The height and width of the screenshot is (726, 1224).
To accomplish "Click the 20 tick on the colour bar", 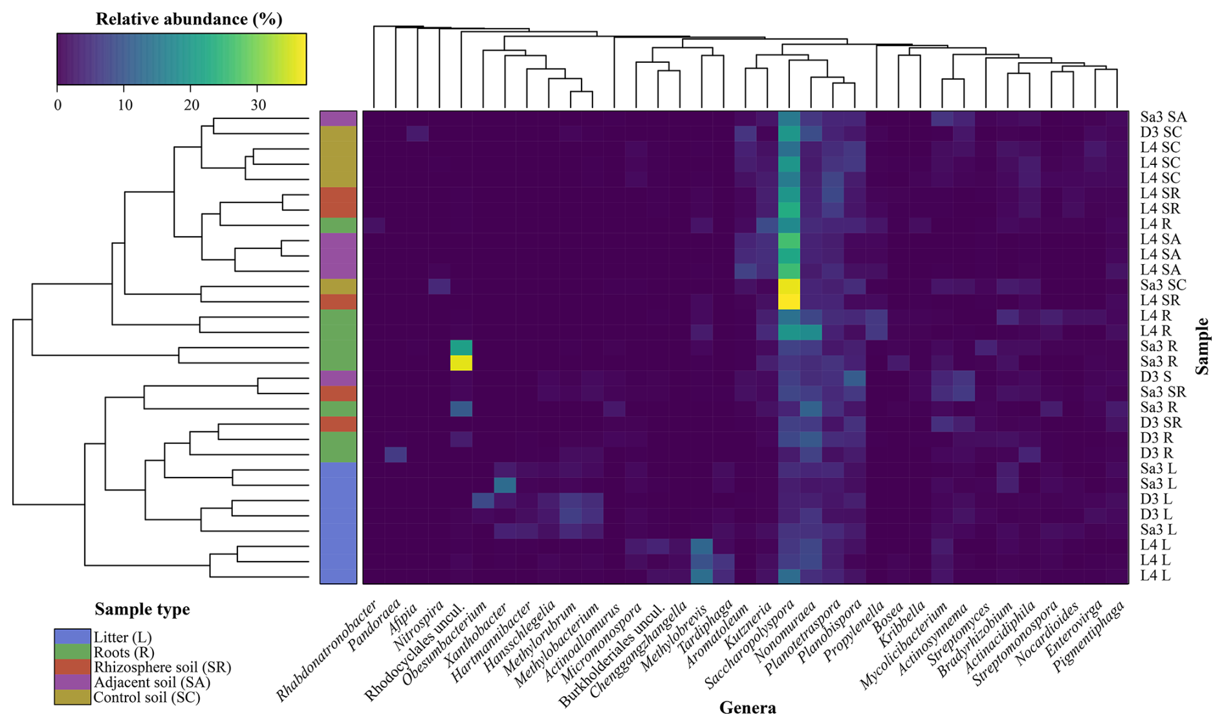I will tap(190, 105).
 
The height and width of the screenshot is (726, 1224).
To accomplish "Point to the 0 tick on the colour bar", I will tap(58, 105).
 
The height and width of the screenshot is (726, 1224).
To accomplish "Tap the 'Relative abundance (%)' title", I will tap(189, 19).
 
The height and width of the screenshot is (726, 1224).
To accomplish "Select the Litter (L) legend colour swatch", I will tap(72, 637).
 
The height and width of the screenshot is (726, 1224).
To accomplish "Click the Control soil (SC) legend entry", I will tap(147, 698).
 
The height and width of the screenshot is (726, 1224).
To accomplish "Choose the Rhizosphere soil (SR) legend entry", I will tap(162, 667).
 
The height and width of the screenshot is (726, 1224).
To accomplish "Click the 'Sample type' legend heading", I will tap(142, 609).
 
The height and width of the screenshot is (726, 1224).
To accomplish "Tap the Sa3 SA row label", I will tap(1163, 118).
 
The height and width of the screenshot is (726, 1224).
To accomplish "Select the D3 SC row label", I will tap(1161, 133).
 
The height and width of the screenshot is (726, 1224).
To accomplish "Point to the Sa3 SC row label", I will tap(1163, 285).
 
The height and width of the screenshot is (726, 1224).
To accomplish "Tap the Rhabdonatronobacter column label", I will tap(327, 650).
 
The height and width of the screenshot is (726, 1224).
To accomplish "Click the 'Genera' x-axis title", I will tap(747, 708).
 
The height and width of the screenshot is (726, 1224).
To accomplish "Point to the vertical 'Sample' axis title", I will tap(1202, 346).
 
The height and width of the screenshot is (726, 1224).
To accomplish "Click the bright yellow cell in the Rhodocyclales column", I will tap(461, 362).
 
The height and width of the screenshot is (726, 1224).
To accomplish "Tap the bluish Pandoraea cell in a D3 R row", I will tap(396, 454).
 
